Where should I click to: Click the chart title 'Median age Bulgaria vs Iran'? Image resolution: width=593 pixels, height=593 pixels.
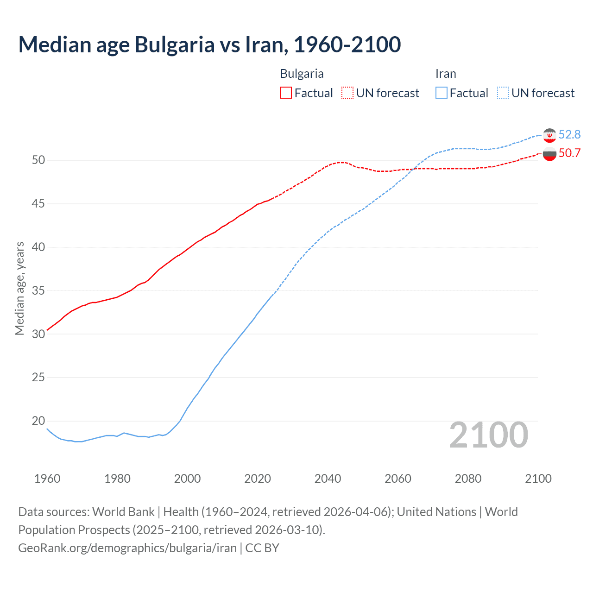pos(209,45)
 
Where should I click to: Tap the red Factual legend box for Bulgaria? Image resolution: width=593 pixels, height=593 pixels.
pos(286,93)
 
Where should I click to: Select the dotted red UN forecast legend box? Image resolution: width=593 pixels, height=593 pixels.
pos(347,93)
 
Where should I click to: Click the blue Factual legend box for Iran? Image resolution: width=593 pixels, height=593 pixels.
pos(442,93)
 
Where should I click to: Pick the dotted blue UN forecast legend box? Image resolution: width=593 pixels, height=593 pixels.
pos(503,93)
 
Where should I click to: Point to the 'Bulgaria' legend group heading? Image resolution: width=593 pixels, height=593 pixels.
pos(302,74)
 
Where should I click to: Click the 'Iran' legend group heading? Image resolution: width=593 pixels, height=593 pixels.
pos(446,74)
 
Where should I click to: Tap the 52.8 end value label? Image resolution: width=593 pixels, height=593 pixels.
pos(569,134)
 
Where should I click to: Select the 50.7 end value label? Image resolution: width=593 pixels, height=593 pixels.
pos(569,153)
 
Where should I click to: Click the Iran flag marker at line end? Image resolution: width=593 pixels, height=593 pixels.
pos(549,135)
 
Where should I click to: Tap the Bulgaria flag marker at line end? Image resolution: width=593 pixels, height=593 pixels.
pos(549,154)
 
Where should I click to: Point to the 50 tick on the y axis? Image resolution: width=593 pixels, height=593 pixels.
pos(38,160)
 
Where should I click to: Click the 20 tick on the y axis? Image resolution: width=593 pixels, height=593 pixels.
pos(38,421)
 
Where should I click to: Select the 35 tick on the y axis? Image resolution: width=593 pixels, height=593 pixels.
pos(38,291)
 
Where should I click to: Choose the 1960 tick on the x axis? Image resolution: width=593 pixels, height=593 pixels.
pos(47,479)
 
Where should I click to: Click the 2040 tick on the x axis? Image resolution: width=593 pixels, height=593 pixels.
pos(328,479)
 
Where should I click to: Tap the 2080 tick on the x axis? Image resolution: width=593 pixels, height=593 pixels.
pos(468,479)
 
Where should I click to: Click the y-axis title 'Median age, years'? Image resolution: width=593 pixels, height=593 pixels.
pos(19,288)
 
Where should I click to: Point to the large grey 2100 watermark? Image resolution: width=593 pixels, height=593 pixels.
pos(489,435)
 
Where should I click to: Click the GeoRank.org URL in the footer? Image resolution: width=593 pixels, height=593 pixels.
pos(127,548)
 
